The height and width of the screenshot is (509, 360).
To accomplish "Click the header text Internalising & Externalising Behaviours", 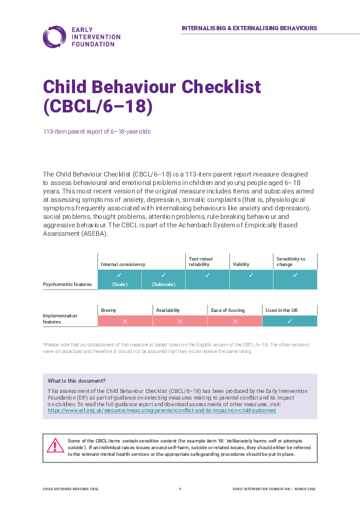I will [x=249, y=28].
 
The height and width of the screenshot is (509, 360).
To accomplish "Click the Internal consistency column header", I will [x=123, y=264].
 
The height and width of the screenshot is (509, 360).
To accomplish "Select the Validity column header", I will [x=241, y=264].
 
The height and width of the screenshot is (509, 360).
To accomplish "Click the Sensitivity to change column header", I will [x=290, y=262].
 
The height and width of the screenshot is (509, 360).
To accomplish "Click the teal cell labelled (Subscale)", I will [x=163, y=279].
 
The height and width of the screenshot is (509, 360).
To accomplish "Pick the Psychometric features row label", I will [x=67, y=283].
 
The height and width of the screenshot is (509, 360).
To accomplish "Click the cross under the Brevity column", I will [x=125, y=321].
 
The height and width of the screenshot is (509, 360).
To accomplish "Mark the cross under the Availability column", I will [x=180, y=321].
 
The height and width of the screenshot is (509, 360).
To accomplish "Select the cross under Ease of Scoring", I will [x=235, y=321].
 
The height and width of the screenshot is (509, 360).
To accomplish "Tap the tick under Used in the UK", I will [x=290, y=321].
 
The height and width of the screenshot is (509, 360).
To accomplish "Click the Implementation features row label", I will [x=61, y=319].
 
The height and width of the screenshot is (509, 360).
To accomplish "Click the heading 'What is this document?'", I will [x=77, y=381].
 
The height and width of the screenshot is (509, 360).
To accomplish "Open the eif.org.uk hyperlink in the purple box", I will [x=162, y=410].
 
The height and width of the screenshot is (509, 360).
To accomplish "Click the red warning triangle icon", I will [x=56, y=446].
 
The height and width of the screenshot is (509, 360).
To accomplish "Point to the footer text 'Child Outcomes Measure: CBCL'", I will [x=70, y=488].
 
